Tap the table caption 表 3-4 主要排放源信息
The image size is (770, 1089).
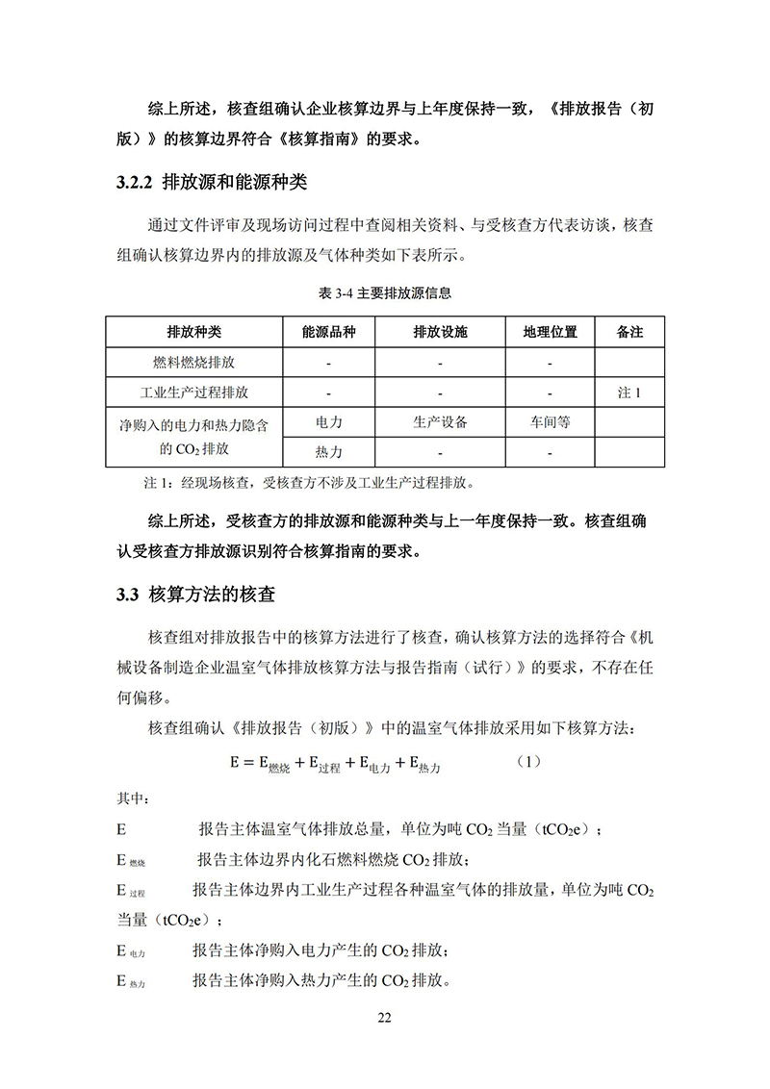pyautogui.click(x=384, y=292)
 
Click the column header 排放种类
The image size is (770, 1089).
pyautogui.click(x=193, y=332)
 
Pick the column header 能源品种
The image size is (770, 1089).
pyautogui.click(x=328, y=332)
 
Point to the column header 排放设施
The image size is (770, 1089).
pyautogui.click(x=440, y=332)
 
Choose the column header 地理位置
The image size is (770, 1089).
pyautogui.click(x=550, y=332)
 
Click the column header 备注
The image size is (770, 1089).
pyautogui.click(x=629, y=332)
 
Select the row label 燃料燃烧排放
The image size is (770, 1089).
pyautogui.click(x=193, y=363)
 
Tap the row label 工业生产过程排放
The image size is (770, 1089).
pyautogui.click(x=193, y=393)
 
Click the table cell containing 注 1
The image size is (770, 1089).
pyautogui.click(x=629, y=393)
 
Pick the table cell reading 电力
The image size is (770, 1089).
pyautogui.click(x=328, y=422)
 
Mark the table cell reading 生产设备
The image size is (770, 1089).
pyautogui.click(x=440, y=422)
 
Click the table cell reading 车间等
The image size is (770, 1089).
pyautogui.click(x=550, y=422)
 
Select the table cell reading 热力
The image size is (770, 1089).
pyautogui.click(x=328, y=452)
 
